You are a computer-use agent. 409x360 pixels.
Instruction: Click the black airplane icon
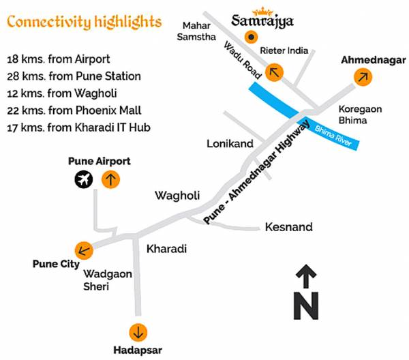pyautogui.click(x=85, y=180)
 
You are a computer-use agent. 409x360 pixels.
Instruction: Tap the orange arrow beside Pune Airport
pyautogui.click(x=110, y=180)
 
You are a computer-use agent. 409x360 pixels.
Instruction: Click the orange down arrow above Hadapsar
pyautogui.click(x=139, y=331)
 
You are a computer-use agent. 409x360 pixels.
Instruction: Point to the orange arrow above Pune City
pyautogui.click(x=85, y=250)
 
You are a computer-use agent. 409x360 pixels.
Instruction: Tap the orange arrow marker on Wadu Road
pyautogui.click(x=275, y=72)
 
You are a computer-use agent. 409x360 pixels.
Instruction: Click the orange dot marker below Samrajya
pyautogui.click(x=252, y=37)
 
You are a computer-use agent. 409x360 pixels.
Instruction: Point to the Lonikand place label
pyautogui.click(x=230, y=143)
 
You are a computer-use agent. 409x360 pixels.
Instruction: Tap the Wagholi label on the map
pyautogui.click(x=177, y=196)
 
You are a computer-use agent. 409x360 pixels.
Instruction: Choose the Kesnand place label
pyautogui.click(x=289, y=226)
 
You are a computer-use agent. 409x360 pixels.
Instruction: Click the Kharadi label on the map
pyautogui.click(x=167, y=249)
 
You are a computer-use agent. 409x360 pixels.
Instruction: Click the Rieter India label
pyautogui.click(x=284, y=50)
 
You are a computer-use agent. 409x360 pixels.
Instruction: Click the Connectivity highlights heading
pyautogui.click(x=85, y=22)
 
